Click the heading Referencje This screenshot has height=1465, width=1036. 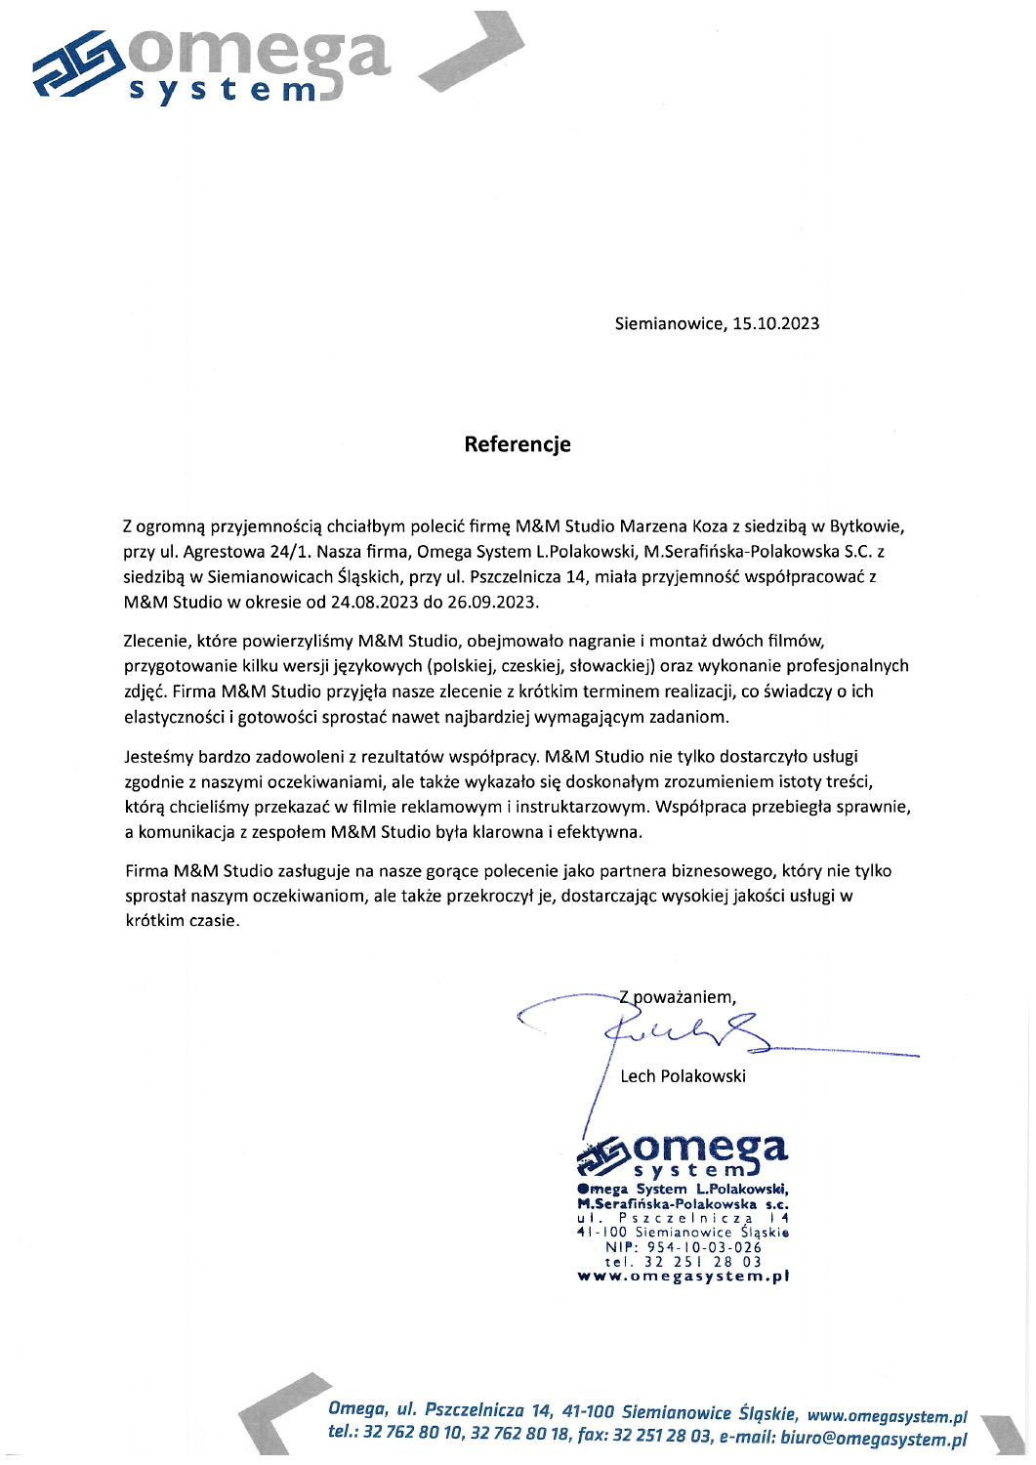click(x=517, y=445)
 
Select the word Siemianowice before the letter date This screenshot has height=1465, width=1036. click(x=669, y=324)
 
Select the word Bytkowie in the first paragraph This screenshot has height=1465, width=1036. click(x=866, y=526)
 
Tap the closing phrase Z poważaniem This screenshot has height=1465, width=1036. click(x=678, y=997)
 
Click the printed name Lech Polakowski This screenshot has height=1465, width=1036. click(x=683, y=1076)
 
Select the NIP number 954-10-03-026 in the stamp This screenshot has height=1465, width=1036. click(x=696, y=1247)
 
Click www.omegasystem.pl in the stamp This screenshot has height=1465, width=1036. click(x=683, y=1276)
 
